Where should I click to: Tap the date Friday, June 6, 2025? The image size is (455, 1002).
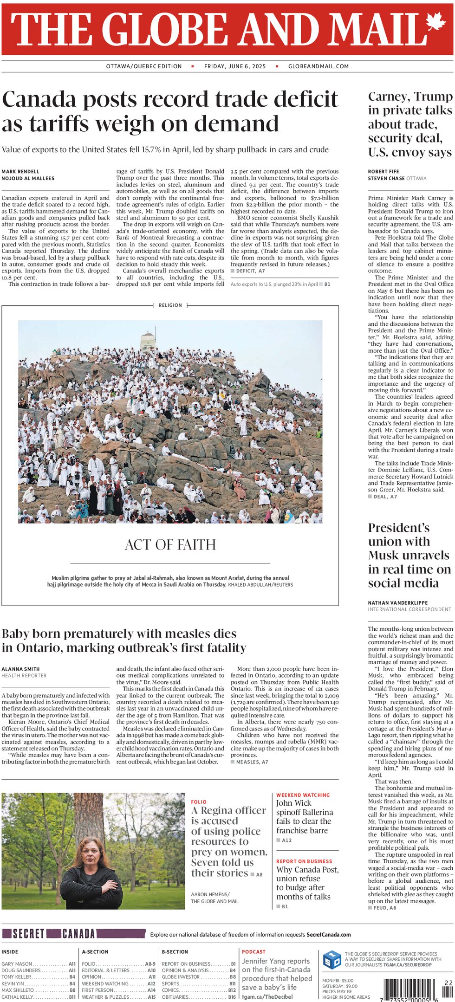pos(235,66)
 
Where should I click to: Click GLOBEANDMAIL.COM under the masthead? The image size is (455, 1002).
pos(318,66)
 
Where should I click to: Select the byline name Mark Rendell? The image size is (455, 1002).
pos(20,172)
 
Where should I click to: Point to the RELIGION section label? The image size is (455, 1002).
pos(170,305)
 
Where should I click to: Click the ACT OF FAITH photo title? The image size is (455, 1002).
pos(170,544)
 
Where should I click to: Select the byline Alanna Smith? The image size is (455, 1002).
pos(20,669)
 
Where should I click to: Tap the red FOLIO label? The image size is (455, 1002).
pos(199,802)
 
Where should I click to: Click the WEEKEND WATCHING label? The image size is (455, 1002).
pos(303,795)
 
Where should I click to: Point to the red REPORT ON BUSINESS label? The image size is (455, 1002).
pos(304,861)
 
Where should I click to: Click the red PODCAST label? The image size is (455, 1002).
pos(253,951)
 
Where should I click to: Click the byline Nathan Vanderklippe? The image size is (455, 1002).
pos(398,603)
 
